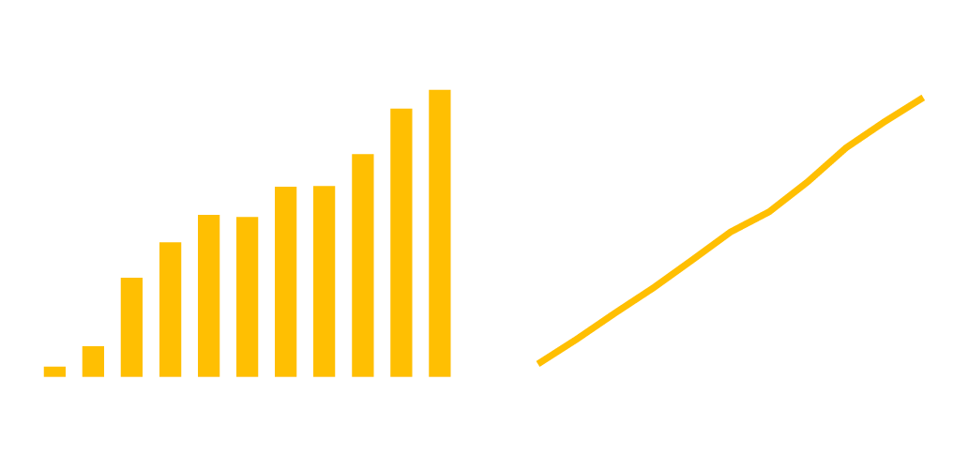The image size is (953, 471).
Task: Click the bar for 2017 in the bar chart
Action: pos(131,327)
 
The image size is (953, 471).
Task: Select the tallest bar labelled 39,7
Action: pos(440,234)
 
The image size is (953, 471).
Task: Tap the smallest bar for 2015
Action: pos(54,372)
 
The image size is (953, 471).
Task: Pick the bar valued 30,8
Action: pos(363,266)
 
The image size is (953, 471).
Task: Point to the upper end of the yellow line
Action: pos(922,98)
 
